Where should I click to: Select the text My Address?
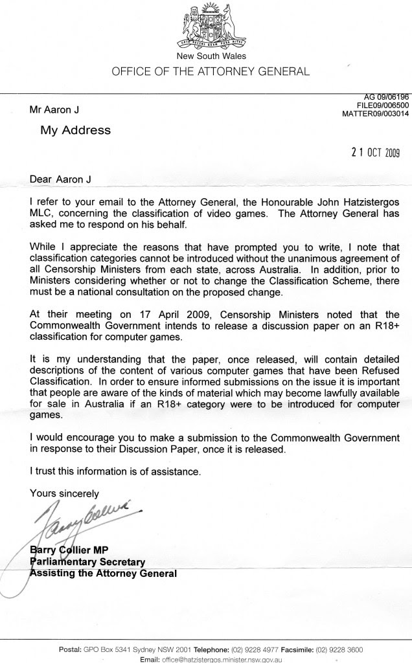pos(76,130)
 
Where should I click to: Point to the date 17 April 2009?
pos(144,314)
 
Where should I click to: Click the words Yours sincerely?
pos(65,493)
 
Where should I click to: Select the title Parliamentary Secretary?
pos(87,562)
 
